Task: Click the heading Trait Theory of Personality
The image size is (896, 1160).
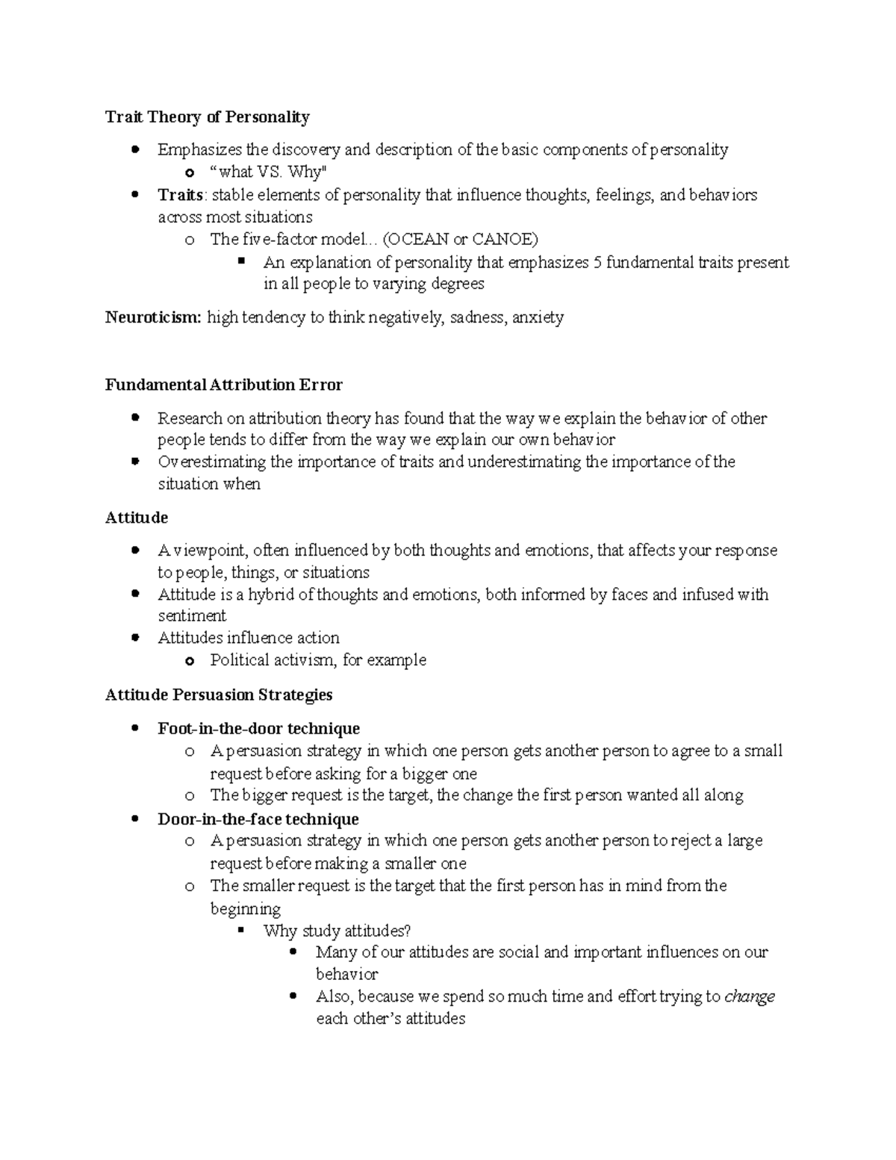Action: point(207,117)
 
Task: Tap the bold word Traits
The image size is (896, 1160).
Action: point(180,196)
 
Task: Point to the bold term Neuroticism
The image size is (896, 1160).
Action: point(153,318)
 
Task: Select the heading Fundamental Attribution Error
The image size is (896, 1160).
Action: point(223,385)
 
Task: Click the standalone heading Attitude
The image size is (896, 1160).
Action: point(136,518)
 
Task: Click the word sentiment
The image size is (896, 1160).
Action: point(192,616)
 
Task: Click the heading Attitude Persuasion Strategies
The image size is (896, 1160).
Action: point(219,695)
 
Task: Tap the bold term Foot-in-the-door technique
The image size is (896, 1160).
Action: point(258,729)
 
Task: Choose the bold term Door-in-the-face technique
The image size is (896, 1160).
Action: point(258,819)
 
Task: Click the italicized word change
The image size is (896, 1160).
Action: point(750,996)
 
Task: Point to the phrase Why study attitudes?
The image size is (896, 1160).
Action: point(337,931)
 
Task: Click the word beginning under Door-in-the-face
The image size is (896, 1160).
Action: point(246,909)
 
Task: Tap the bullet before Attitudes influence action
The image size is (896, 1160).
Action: point(135,638)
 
